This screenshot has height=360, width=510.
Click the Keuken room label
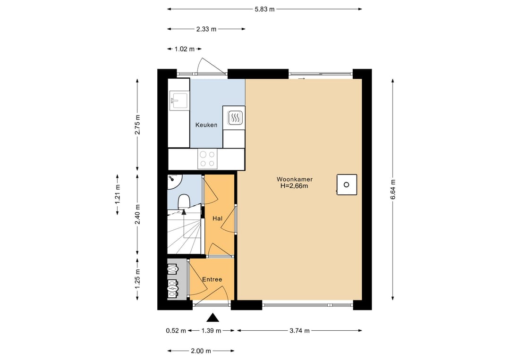206,125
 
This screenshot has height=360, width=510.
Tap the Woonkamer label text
294,179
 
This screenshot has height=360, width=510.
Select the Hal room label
217,218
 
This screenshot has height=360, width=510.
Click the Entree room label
212,279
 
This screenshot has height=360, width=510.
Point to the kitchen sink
178,100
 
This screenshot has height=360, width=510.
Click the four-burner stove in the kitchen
207,159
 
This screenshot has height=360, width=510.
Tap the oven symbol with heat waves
234,117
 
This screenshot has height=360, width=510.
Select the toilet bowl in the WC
184,201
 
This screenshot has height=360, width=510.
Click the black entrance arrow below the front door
212,318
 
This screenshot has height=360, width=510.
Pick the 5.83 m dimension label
265,9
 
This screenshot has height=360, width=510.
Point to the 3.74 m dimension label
299,330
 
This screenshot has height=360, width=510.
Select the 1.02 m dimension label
185,49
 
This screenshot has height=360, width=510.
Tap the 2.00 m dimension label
201,351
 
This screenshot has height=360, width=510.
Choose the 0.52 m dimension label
176,331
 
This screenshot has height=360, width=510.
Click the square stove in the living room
347,184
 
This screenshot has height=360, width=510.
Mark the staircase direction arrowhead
184,212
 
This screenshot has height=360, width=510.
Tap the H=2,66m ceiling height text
294,186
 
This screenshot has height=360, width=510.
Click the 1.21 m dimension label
118,194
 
